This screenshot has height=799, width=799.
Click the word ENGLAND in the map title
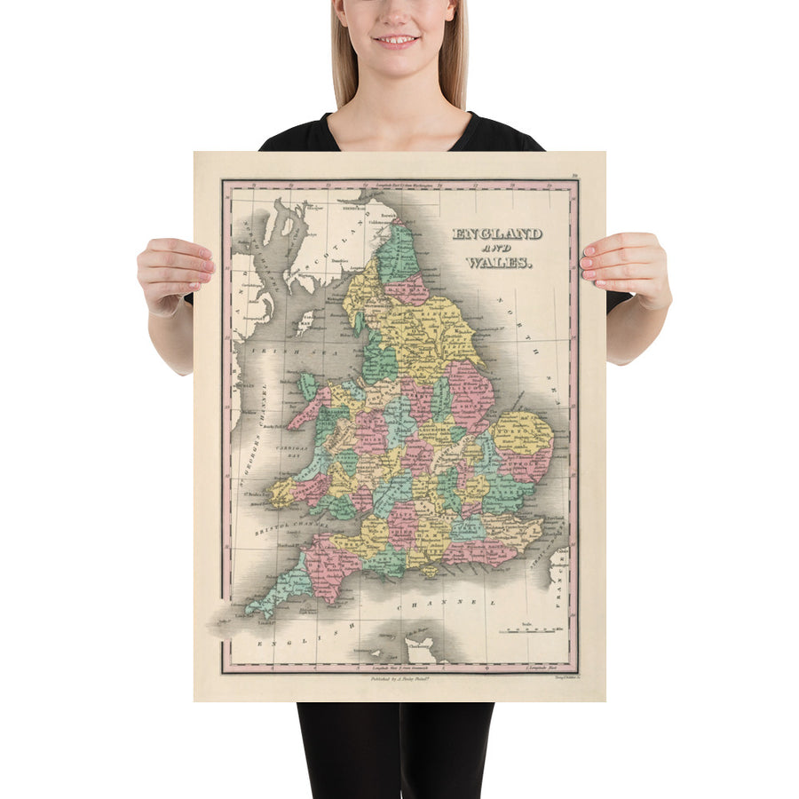tap(497, 234)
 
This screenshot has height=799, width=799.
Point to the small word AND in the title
tap(497, 249)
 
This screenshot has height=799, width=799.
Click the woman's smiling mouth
tap(397, 40)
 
